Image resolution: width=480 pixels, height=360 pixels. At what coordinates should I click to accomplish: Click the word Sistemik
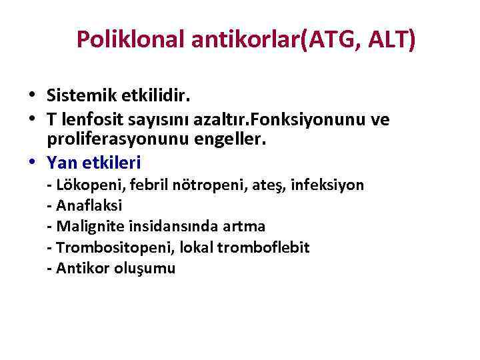click(81, 96)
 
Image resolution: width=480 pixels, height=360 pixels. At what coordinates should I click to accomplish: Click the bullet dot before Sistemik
click(33, 97)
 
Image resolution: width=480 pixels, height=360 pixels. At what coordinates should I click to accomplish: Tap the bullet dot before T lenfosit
click(33, 119)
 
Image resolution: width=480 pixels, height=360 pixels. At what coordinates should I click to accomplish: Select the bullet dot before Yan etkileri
click(33, 162)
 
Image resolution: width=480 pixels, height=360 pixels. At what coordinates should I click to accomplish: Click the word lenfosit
click(89, 119)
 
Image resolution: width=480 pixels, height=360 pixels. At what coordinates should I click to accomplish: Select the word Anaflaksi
click(89, 205)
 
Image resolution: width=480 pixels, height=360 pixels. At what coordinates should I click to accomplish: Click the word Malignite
click(87, 226)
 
